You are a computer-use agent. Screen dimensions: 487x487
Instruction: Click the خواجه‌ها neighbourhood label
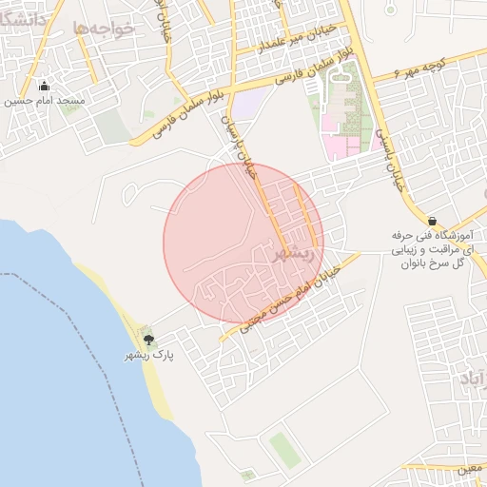click(104, 29)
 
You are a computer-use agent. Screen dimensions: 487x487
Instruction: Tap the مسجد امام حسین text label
click(45, 100)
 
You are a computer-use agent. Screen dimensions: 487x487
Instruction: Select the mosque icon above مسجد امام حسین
click(45, 86)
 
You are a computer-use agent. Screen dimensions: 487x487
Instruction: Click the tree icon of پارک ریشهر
click(147, 339)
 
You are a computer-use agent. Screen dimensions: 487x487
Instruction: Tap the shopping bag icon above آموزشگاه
click(433, 221)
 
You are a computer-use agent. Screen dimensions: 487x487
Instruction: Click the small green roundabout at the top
click(391, 9)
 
